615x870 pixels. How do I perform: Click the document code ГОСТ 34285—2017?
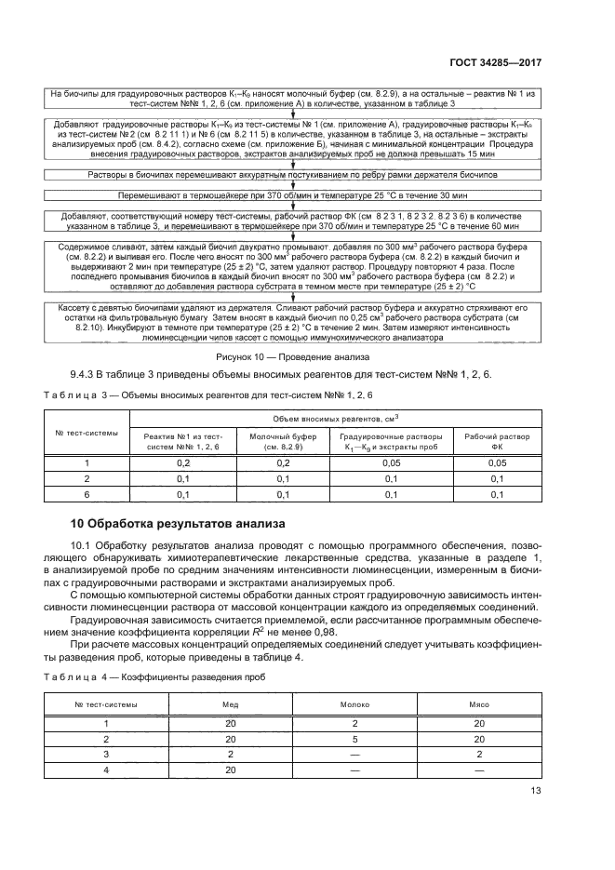point(496,65)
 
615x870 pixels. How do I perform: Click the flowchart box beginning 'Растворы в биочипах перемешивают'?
point(293,175)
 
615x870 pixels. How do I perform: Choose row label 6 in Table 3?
point(87,494)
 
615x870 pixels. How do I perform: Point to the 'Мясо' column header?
point(478,704)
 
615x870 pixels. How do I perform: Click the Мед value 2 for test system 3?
point(230,754)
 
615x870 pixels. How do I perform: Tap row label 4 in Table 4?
point(106,770)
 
